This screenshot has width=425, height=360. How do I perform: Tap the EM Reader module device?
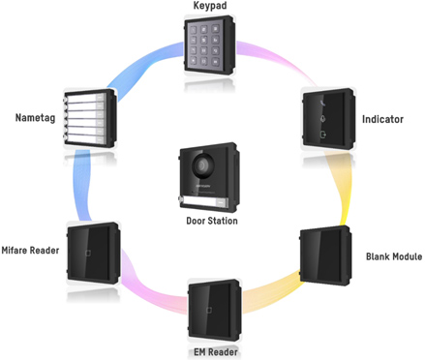(x=213, y=309)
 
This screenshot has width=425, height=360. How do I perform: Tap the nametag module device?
(x=94, y=119)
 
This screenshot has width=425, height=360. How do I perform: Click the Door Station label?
(x=212, y=220)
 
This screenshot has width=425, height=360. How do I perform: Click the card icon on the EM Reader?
(x=206, y=312)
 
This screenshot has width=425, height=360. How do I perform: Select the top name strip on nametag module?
(x=95, y=98)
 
